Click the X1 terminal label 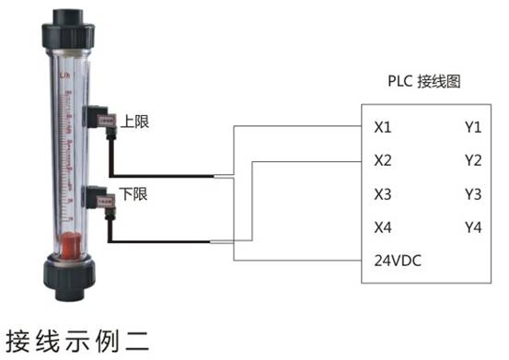(x=383, y=127)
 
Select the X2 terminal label (x=383, y=160)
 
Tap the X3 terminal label (x=383, y=194)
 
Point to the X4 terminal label (x=383, y=227)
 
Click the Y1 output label (x=473, y=127)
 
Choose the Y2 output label (x=473, y=160)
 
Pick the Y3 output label (x=473, y=194)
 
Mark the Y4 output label (x=473, y=227)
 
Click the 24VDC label (x=399, y=259)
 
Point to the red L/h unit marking (x=64, y=75)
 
